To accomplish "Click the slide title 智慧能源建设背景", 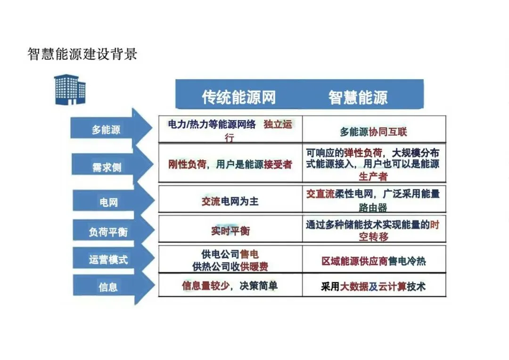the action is click(x=82, y=54).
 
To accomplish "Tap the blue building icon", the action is click(x=69, y=90).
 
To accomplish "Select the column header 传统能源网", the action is click(x=238, y=98).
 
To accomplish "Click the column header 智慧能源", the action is click(x=358, y=98).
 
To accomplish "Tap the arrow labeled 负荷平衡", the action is click(x=108, y=232).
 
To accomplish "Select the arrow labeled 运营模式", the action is click(x=108, y=259).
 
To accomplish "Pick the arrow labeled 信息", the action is click(x=108, y=286).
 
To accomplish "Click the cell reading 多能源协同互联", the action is click(x=374, y=132).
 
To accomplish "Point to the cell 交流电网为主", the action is click(x=230, y=202).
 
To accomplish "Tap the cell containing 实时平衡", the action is click(x=230, y=231).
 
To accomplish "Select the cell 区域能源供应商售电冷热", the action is click(x=374, y=261).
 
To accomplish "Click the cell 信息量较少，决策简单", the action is click(x=230, y=286).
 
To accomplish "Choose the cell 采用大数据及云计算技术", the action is click(x=374, y=286).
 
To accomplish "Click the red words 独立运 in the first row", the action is click(x=278, y=125).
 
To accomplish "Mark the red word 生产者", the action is click(x=373, y=176).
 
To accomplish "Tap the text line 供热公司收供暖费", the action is click(x=230, y=267).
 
